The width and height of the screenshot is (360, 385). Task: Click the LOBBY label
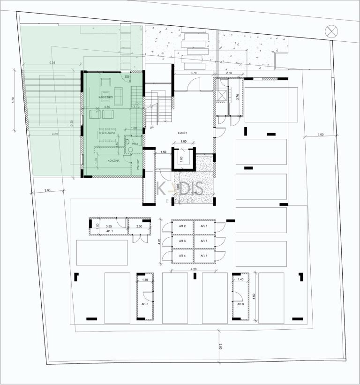[183, 133]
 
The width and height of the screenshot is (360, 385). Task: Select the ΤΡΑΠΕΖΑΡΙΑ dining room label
[107, 133]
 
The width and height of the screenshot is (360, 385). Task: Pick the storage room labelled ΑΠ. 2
[182, 226]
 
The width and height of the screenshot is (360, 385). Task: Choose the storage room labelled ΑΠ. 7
[203, 256]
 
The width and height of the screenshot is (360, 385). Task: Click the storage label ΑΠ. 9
[240, 304]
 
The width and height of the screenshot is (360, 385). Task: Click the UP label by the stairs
[151, 127]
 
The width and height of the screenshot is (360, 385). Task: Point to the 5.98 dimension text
[52, 63]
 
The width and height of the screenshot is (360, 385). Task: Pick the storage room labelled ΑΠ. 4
[182, 256]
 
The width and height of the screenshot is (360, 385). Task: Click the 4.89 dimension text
[54, 134]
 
